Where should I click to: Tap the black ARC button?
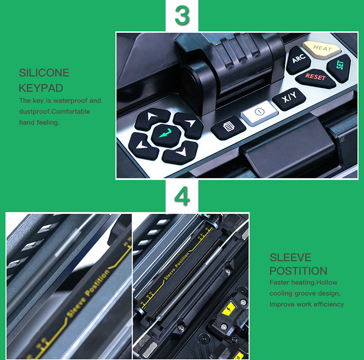tap(298, 59)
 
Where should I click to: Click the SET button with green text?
tap(339, 68)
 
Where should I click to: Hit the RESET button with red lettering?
tap(315, 78)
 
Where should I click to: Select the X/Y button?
tap(289, 98)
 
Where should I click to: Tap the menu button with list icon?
tap(229, 128)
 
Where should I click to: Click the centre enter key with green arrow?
tap(166, 135)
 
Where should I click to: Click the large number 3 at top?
tap(182, 15)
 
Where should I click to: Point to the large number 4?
tap(182, 196)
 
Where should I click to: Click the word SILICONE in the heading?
tap(44, 73)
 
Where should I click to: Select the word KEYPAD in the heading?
tap(41, 88)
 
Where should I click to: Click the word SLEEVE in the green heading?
tap(290, 257)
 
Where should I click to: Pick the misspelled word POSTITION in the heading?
tap(298, 271)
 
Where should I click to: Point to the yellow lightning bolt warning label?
tap(229, 309)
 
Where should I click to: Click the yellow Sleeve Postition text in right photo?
tap(177, 266)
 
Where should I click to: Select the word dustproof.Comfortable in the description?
tap(54, 112)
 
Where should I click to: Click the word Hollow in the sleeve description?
tap(327, 282)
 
